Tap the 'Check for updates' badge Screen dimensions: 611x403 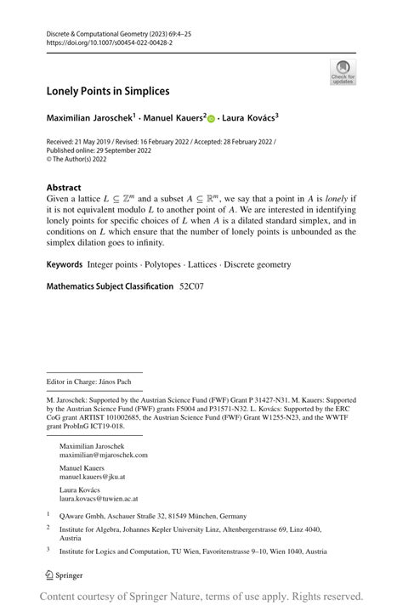[x=343, y=71]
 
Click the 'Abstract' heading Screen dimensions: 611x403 [x=65, y=188]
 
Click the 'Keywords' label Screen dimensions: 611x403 [x=65, y=265]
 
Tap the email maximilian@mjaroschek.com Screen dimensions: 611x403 [x=103, y=455]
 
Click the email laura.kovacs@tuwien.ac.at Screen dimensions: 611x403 [x=99, y=499]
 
